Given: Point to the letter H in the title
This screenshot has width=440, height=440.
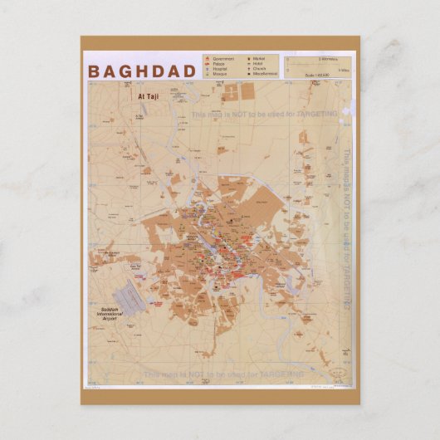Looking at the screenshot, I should click(x=146, y=71).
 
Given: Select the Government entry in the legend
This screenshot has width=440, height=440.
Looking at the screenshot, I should click(x=222, y=59).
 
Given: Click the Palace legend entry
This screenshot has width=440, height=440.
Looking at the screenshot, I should click(x=218, y=64).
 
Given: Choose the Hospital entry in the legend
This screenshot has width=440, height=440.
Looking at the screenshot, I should click(x=219, y=69).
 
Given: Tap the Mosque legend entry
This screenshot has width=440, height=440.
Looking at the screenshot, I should click(x=218, y=74).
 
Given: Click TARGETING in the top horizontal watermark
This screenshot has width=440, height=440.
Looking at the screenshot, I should click(x=313, y=112).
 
